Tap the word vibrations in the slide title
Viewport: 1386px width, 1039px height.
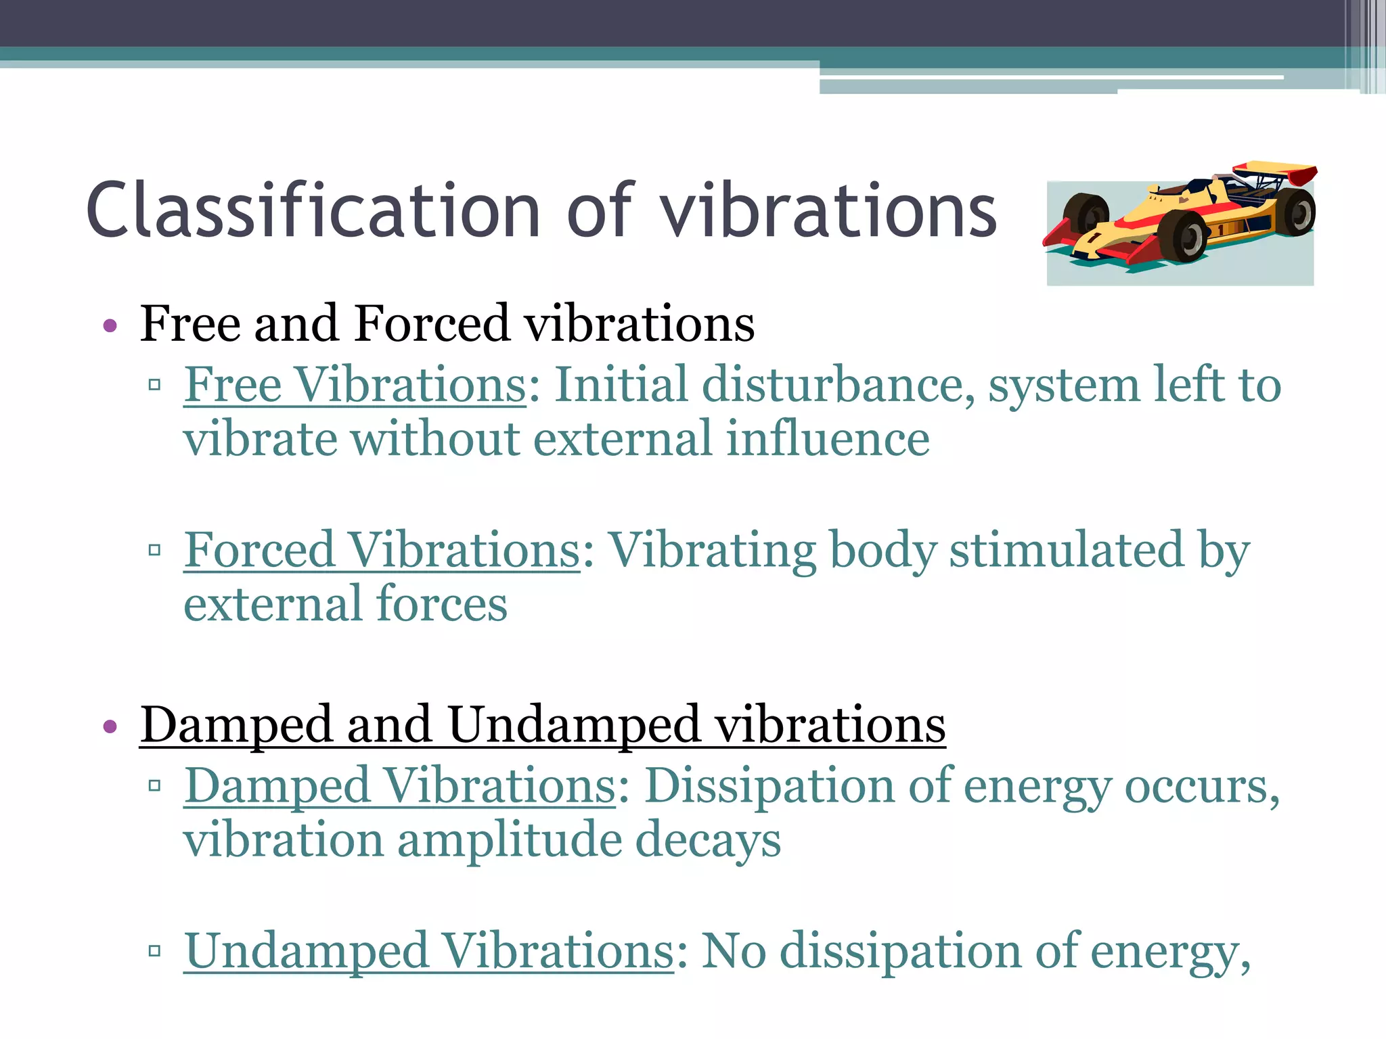(828, 211)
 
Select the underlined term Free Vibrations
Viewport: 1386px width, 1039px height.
(355, 386)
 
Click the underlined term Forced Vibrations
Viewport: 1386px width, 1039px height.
(382, 551)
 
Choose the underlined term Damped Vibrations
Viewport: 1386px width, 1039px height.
(399, 787)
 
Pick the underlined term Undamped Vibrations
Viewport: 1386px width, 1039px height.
(429, 952)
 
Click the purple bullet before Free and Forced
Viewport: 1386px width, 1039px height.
(110, 327)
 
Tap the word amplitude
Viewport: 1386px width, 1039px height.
(509, 841)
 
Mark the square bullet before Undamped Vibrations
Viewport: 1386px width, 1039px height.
(154, 952)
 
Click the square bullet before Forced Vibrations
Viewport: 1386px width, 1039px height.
(154, 550)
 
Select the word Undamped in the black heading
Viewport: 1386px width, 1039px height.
(573, 725)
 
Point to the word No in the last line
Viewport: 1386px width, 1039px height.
(734, 952)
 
